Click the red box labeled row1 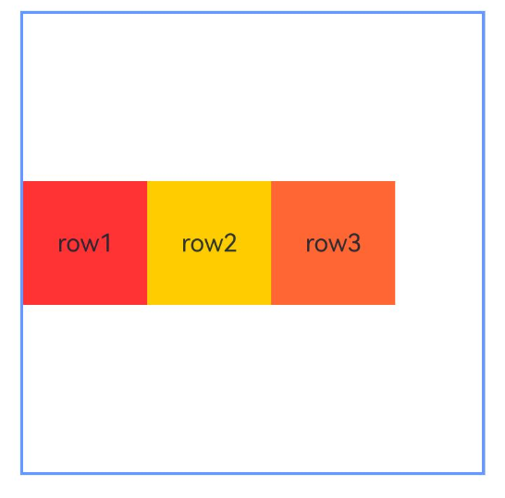pyautogui.click(x=85, y=243)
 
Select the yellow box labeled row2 pyautogui.click(x=209, y=243)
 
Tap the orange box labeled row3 pyautogui.click(x=333, y=243)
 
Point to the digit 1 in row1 pyautogui.click(x=106, y=243)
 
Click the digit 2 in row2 pyautogui.click(x=230, y=243)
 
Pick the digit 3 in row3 pyautogui.click(x=354, y=243)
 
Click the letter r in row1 pyautogui.click(x=62, y=245)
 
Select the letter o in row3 pyautogui.click(x=321, y=245)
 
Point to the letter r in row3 pyautogui.click(x=310, y=245)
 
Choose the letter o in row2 pyautogui.click(x=197, y=245)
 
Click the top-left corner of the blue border pyautogui.click(x=21, y=13)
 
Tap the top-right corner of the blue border pyautogui.click(x=484, y=13)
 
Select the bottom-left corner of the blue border pyautogui.click(x=21, y=473)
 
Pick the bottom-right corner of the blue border pyautogui.click(x=484, y=473)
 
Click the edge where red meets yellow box pyautogui.click(x=147, y=243)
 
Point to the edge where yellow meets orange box pyautogui.click(x=271, y=243)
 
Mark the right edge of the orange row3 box pyautogui.click(x=395, y=243)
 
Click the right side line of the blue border pyautogui.click(x=484, y=243)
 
